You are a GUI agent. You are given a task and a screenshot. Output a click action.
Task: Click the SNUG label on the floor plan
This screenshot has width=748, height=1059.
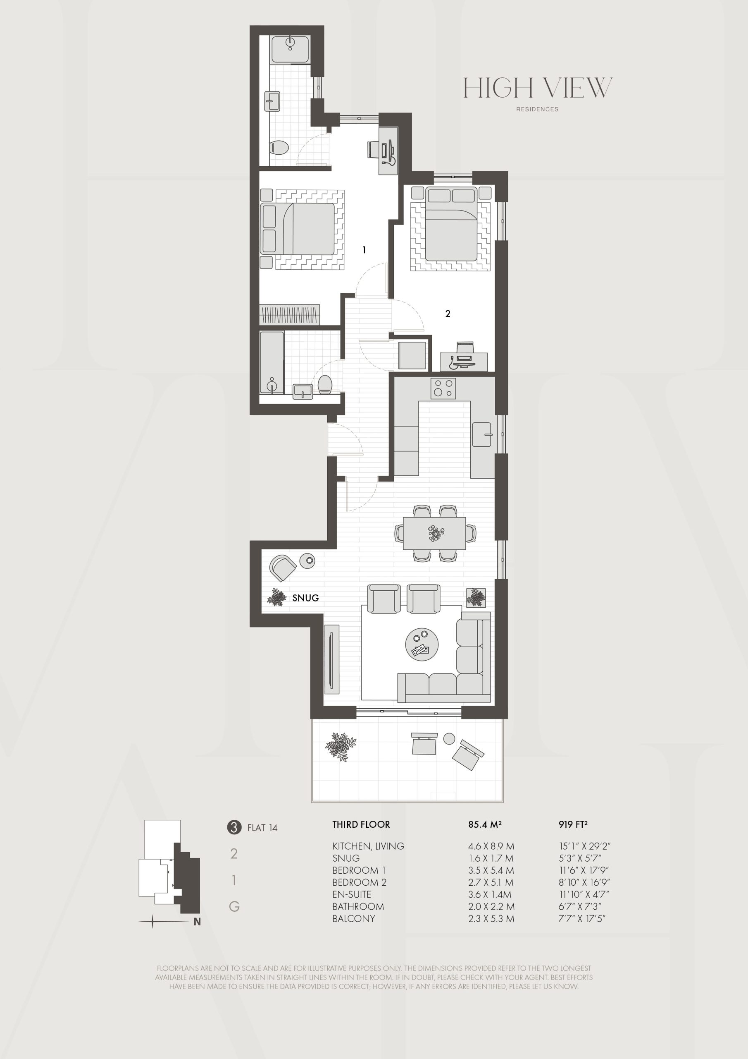pos(305,598)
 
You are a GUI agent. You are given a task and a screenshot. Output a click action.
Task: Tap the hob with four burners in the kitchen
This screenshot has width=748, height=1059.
pos(443,388)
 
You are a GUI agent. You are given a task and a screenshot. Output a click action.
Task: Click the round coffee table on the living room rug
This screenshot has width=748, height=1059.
pos(422,645)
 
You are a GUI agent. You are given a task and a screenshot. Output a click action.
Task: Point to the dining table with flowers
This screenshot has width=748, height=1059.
pos(435,533)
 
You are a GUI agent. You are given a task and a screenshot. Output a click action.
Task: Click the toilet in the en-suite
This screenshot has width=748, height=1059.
pos(279,148)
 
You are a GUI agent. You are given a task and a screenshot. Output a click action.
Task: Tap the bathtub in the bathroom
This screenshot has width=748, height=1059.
pos(272,362)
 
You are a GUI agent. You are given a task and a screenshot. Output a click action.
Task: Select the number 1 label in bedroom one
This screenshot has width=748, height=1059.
pos(364,250)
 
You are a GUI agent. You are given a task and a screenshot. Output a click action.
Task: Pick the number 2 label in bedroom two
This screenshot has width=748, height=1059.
pos(448,314)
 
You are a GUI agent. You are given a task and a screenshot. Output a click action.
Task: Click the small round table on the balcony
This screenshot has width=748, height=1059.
pos(449,738)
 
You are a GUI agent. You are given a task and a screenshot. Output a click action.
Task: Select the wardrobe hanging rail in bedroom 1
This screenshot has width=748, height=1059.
pos(289,315)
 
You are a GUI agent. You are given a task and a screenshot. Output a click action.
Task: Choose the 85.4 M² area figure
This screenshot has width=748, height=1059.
pos(485,824)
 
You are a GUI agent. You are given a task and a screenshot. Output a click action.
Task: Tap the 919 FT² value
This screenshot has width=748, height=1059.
pos(573,824)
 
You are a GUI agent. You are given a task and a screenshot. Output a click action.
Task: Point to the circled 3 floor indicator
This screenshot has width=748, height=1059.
pos(234,827)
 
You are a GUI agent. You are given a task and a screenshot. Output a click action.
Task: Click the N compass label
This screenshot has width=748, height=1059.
pos(197,922)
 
